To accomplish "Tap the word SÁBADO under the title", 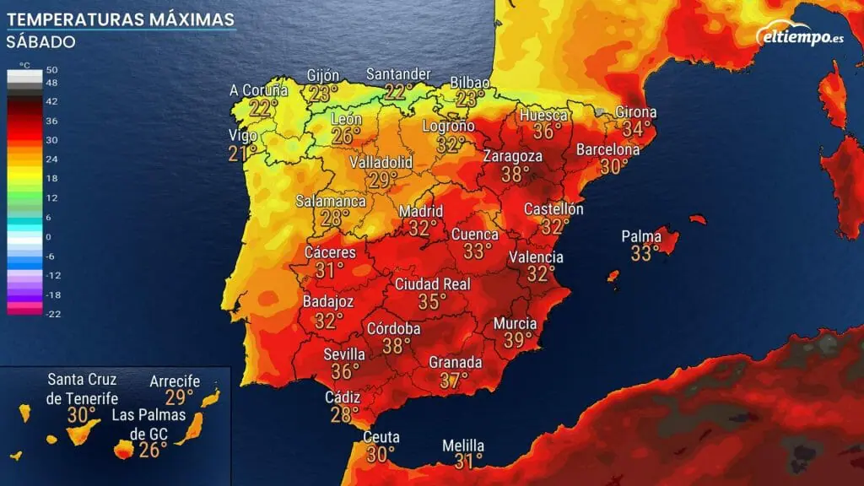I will (x=41, y=41).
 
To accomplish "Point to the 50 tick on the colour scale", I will (x=51, y=69).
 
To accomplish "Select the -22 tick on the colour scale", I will (x=51, y=314).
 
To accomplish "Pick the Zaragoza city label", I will (x=513, y=156).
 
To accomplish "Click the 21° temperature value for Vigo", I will (x=241, y=153).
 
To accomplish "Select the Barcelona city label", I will (x=608, y=149).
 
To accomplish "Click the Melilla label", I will (x=463, y=445).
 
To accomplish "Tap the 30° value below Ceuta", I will (x=381, y=454).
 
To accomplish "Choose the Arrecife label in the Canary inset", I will (x=175, y=381).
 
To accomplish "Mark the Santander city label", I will (x=398, y=74).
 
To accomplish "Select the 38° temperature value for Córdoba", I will (x=396, y=346).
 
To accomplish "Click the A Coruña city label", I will (x=258, y=90).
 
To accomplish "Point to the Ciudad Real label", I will (x=433, y=284).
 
